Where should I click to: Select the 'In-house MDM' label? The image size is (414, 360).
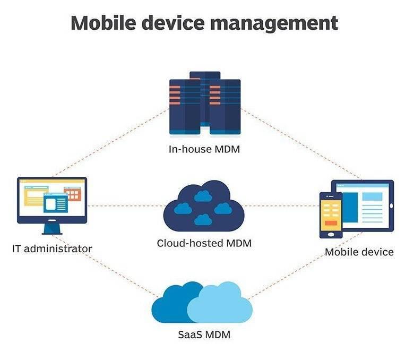(x=204, y=149)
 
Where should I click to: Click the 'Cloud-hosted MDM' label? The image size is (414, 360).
(x=204, y=244)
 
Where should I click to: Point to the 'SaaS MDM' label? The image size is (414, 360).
(x=204, y=335)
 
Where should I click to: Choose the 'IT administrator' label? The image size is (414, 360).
(x=52, y=248)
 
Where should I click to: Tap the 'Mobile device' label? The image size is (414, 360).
(x=359, y=252)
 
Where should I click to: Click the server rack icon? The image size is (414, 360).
(x=205, y=104)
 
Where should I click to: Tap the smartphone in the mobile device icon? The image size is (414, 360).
(x=330, y=215)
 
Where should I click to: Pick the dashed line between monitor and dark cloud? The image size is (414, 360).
(x=125, y=206)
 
